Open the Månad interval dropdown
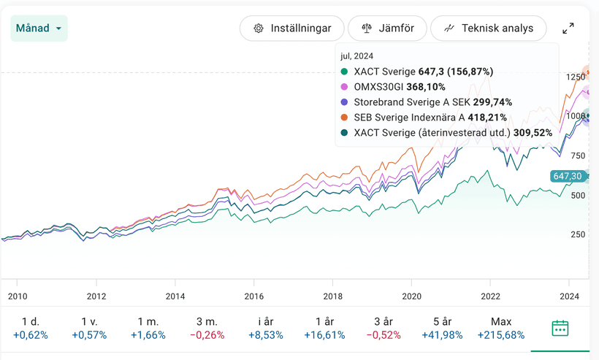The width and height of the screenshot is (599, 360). click(39, 28)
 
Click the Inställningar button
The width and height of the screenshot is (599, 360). click(291, 28)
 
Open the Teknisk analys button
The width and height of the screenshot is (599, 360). click(488, 28)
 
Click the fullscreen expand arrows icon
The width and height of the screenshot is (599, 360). click(568, 28)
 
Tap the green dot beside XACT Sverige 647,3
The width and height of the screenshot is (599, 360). click(345, 72)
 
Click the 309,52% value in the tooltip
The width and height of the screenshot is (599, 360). click(531, 133)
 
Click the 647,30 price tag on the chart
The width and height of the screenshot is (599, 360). click(568, 176)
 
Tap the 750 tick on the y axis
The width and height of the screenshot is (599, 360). click(577, 156)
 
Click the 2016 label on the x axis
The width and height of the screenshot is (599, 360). click(253, 296)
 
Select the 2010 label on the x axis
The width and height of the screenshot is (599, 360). click(17, 296)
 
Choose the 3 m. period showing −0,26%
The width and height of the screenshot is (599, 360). click(207, 328)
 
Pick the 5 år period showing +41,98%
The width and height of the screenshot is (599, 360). click(441, 328)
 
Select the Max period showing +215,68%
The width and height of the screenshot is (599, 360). click(501, 328)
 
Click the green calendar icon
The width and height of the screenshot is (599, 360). click(560, 328)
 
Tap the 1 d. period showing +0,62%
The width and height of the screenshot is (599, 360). click(31, 328)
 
